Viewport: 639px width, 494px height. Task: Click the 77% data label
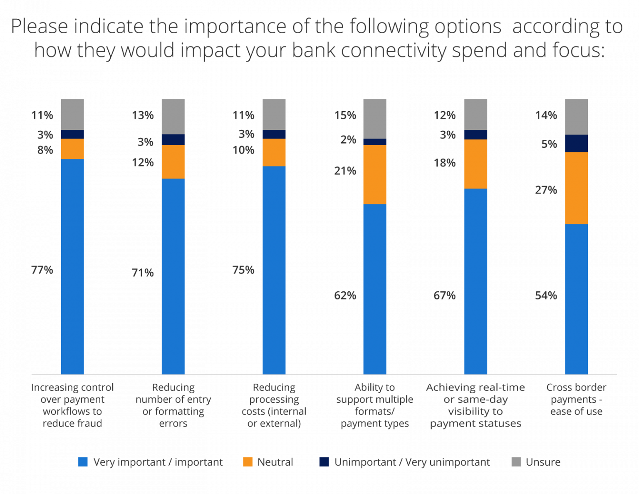point(42,270)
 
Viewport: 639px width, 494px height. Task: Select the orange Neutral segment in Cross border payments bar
point(576,188)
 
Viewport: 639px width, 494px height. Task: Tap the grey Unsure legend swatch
point(516,462)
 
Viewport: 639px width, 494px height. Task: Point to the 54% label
point(546,295)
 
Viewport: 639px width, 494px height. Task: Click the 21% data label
point(345,171)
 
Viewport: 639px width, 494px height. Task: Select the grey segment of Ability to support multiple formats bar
point(375,119)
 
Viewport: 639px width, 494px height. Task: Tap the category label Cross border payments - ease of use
point(576,400)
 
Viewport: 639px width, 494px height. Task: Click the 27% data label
point(546,190)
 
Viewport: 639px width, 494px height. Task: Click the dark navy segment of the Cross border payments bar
point(576,144)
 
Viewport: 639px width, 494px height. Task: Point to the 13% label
point(143,115)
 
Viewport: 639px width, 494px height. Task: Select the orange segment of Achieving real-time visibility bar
point(476,164)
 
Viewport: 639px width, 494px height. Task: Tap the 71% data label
point(143,273)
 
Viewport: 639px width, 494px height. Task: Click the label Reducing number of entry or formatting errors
point(173,405)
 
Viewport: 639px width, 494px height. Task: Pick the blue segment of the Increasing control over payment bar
point(72,266)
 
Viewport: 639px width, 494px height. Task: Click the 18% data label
point(445,163)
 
